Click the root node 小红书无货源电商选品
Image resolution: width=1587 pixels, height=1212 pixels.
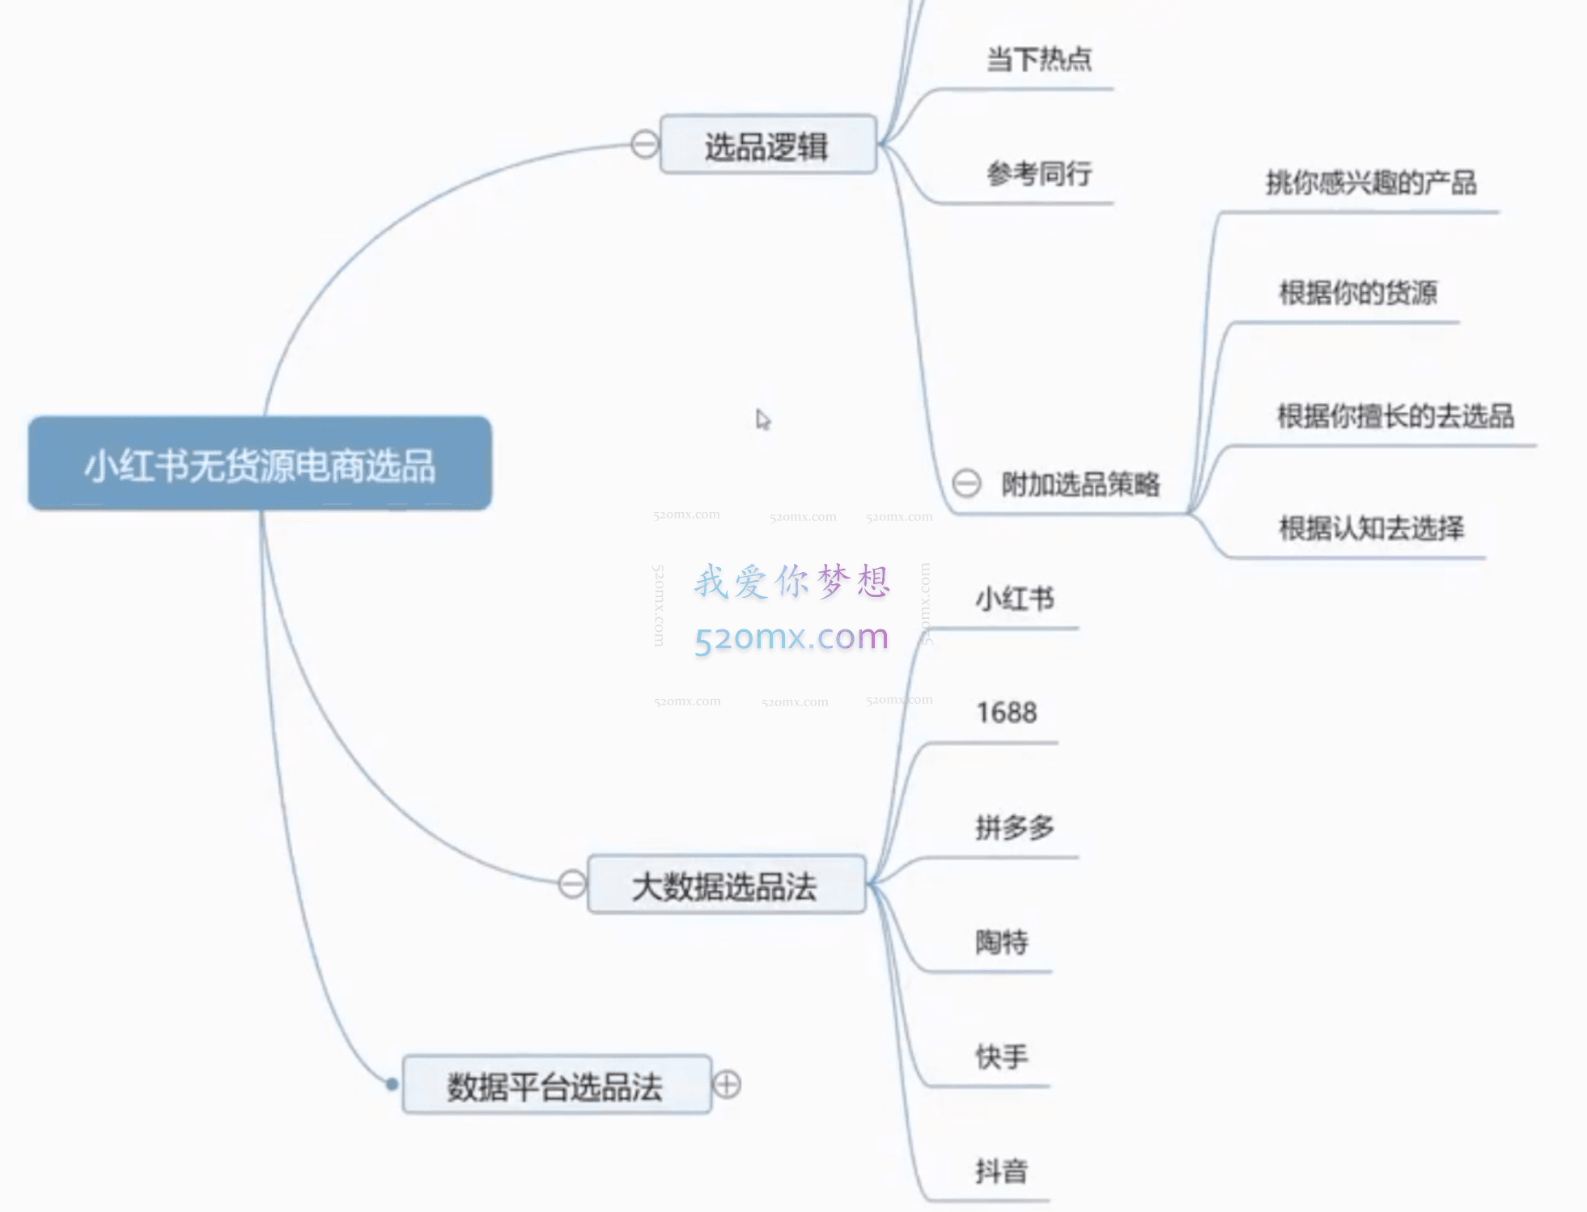click(260, 464)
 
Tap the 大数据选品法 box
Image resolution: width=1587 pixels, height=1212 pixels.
click(725, 885)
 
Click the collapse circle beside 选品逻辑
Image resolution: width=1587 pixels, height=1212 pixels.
click(644, 145)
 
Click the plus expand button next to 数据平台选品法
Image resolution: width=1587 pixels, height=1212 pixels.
click(727, 1084)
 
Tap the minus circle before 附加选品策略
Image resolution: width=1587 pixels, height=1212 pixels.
click(966, 483)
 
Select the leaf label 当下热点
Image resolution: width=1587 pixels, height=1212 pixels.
click(1039, 59)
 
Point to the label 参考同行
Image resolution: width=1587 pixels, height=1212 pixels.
click(1039, 173)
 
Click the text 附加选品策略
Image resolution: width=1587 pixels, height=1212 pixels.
click(1080, 484)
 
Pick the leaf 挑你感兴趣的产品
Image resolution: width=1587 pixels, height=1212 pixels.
click(1371, 183)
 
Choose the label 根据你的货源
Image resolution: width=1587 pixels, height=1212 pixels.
click(1358, 292)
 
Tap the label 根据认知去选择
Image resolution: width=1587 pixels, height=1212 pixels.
click(1371, 528)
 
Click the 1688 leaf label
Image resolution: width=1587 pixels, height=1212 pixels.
click(1006, 713)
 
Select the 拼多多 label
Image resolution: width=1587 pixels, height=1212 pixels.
click(1015, 827)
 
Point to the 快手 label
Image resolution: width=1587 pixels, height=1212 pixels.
click(1002, 1056)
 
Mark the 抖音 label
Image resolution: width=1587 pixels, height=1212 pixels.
click(1002, 1171)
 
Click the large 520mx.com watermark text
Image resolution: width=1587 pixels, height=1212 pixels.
click(791, 637)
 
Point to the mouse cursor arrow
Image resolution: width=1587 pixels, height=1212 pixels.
click(762, 419)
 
